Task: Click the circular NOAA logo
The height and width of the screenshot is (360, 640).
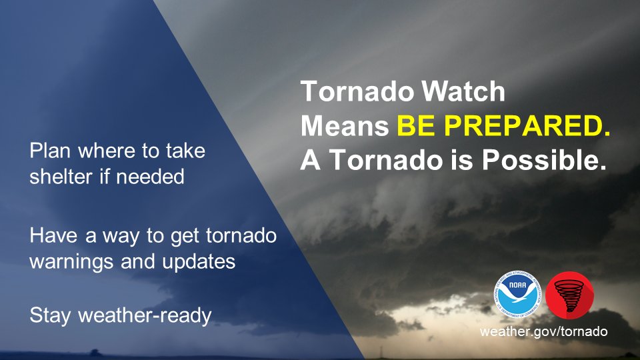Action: (x=518, y=294)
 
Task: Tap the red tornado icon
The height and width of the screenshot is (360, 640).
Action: (x=569, y=295)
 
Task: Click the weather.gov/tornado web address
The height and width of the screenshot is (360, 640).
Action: (x=544, y=331)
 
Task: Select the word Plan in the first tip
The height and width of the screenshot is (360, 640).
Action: (x=50, y=151)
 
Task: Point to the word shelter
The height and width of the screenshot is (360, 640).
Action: (x=61, y=177)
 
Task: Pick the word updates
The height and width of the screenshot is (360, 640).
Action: (x=199, y=261)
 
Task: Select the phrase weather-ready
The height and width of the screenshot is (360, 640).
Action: (x=145, y=315)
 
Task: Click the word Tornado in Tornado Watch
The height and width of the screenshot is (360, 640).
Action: (x=357, y=91)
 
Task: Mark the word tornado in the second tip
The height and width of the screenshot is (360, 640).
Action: (x=241, y=235)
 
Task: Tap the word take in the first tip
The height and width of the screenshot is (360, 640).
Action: (x=185, y=151)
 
